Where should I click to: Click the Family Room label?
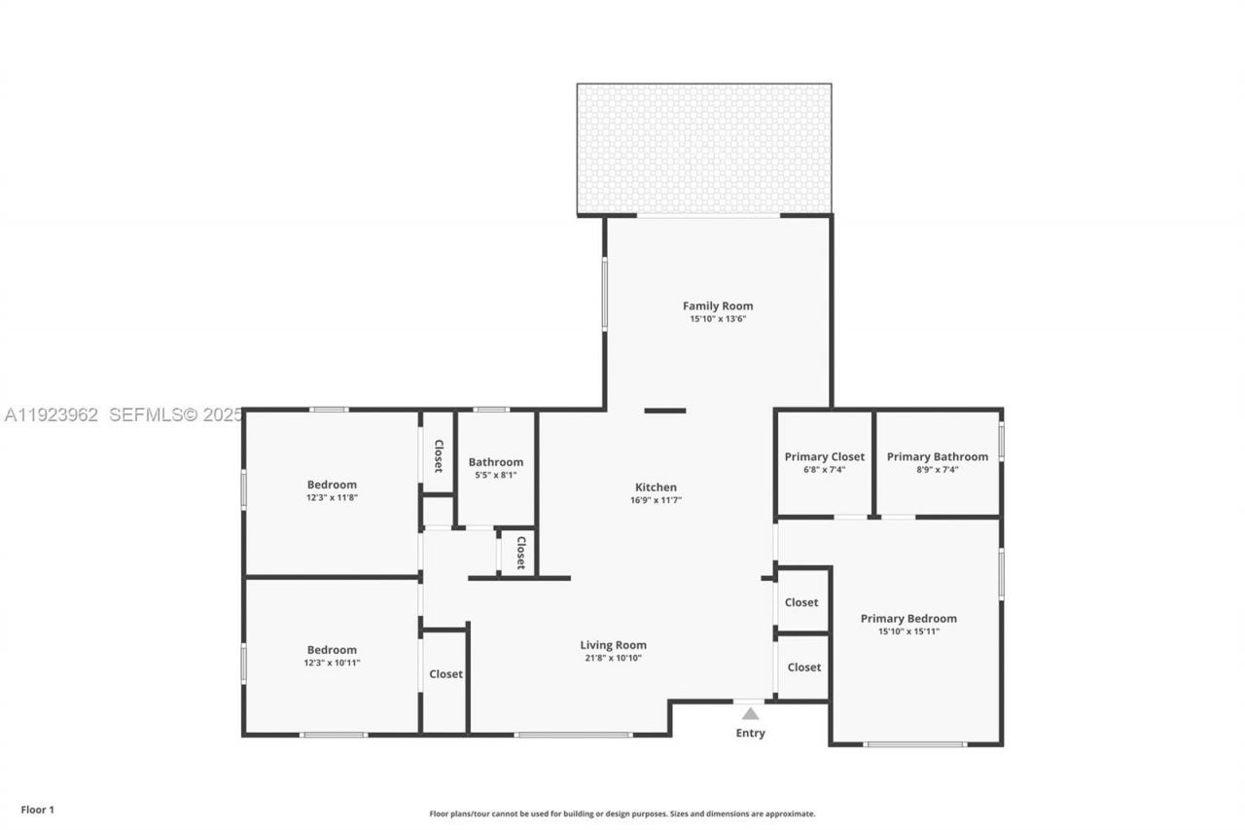(718, 306)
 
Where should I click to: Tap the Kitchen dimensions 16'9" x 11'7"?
(657, 500)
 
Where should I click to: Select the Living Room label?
(613, 644)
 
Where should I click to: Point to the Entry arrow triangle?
(750, 713)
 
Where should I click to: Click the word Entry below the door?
(750, 733)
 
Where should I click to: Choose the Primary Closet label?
(824, 456)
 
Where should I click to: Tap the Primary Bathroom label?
(937, 456)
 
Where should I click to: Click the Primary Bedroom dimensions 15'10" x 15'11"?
(908, 632)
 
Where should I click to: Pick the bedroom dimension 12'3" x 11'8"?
(332, 497)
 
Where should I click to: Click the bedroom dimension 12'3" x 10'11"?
(332, 663)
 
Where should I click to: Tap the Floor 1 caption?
(38, 810)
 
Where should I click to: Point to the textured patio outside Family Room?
(703, 148)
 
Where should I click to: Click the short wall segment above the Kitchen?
(665, 411)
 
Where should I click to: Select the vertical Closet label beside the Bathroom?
(439, 456)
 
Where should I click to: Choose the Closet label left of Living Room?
(445, 673)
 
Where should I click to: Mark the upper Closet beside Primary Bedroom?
(801, 602)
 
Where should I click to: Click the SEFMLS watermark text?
(175, 415)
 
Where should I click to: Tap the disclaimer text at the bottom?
(622, 813)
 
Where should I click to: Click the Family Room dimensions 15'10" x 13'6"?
(718, 318)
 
